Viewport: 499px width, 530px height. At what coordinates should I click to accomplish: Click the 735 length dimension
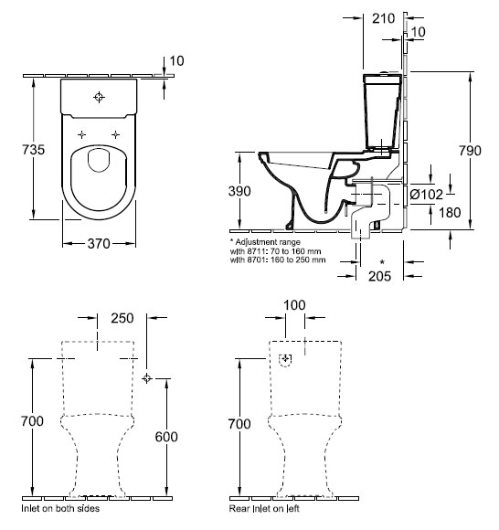click(x=34, y=149)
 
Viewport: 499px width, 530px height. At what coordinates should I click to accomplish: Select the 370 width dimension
click(x=99, y=243)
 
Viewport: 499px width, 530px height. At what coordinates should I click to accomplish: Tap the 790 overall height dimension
click(x=470, y=151)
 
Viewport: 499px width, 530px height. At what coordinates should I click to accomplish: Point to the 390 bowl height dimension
click(x=239, y=191)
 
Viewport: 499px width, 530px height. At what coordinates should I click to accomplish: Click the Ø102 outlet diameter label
click(x=426, y=195)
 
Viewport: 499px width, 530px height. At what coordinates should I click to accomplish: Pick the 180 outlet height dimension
click(x=450, y=213)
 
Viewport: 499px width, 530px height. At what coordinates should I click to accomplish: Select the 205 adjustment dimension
click(x=379, y=276)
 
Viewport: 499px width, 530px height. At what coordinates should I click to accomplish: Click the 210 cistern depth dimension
click(x=383, y=18)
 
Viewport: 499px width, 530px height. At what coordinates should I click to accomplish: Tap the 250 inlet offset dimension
click(x=122, y=318)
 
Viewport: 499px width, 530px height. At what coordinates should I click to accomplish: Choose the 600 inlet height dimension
click(x=166, y=437)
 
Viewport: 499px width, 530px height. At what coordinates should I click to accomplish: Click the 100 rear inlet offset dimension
click(x=294, y=305)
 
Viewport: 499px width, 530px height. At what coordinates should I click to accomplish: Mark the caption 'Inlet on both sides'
click(x=60, y=508)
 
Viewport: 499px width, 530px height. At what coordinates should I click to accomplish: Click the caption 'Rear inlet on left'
click(x=264, y=508)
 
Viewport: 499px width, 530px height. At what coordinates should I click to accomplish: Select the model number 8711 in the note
click(x=255, y=251)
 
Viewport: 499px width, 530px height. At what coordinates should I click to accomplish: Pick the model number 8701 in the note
click(x=255, y=260)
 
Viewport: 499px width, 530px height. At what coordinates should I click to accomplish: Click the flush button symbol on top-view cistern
click(x=99, y=98)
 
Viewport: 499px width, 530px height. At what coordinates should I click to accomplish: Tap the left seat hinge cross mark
click(x=81, y=134)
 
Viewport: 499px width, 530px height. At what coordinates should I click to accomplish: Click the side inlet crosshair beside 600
click(x=146, y=378)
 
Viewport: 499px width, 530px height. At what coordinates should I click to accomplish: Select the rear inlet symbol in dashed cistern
click(x=286, y=360)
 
